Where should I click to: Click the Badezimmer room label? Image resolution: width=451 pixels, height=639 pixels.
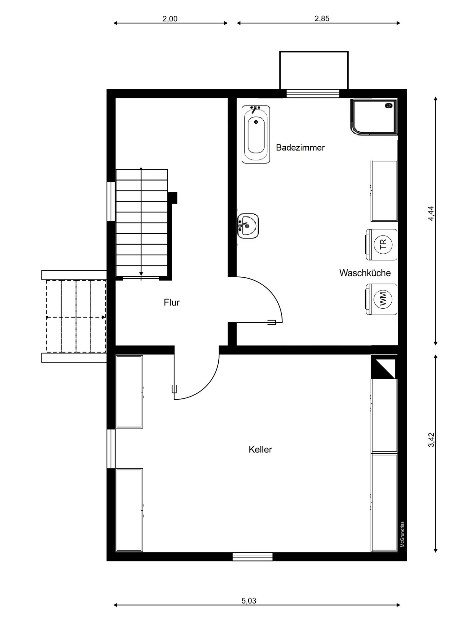pos(300,148)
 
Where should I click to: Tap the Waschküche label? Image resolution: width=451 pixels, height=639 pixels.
pos(365,273)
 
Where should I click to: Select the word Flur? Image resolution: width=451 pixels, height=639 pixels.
pos(172,302)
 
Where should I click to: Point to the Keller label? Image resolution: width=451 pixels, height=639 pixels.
pos(260,450)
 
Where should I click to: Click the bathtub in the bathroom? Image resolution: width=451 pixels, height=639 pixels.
pos(256,135)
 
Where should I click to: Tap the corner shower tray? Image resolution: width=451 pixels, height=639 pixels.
pos(374,117)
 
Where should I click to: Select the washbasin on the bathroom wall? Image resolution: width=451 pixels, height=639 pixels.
pos(248,226)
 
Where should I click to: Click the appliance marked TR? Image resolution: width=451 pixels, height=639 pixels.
pos(382,244)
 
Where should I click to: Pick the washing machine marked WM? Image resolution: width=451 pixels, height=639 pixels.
pos(382,299)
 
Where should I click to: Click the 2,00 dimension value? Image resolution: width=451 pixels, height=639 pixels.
pos(170,19)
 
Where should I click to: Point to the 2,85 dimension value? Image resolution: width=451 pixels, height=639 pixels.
pos(322,19)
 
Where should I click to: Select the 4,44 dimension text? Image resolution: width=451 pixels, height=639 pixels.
pos(431,213)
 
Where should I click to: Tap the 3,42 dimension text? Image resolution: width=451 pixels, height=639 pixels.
pos(431,440)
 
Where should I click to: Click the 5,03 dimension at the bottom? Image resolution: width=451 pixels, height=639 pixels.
pos(249,601)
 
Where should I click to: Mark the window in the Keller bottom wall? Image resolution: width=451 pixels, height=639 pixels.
pos(252,557)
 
